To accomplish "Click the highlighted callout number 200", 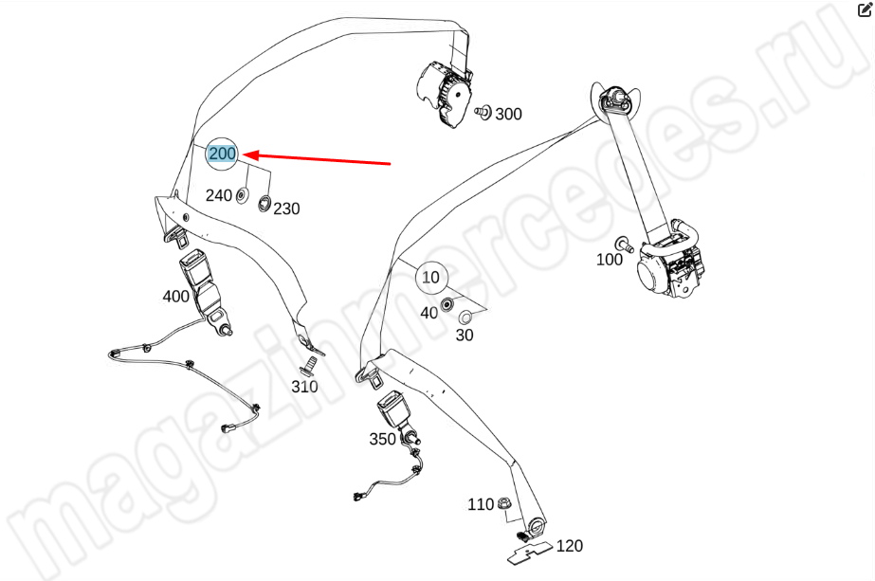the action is (x=222, y=153).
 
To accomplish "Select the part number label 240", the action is (x=219, y=195).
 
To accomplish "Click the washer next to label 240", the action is (x=242, y=196).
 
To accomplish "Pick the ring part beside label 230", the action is (x=264, y=204).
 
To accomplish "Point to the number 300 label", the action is (x=508, y=114).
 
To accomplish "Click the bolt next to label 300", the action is (x=483, y=112).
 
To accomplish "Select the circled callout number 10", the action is (x=430, y=278).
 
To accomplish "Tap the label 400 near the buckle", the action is (x=175, y=297).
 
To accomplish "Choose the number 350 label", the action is (x=382, y=439).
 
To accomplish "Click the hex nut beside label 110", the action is (x=502, y=503).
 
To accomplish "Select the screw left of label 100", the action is (x=624, y=245).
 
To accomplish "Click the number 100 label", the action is (x=610, y=260).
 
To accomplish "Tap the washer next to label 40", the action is (x=447, y=305).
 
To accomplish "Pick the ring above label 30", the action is (x=465, y=318).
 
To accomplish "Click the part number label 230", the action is (x=287, y=209).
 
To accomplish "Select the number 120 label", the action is (x=569, y=546).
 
